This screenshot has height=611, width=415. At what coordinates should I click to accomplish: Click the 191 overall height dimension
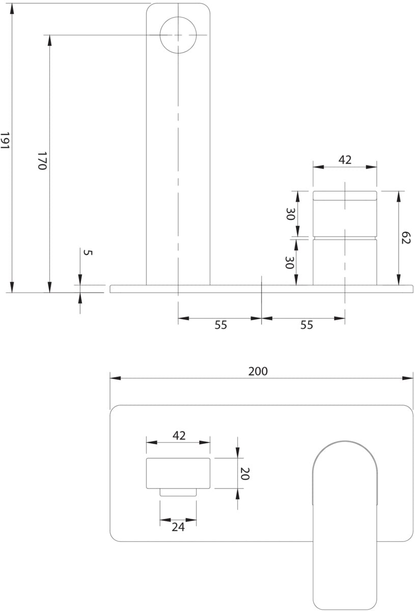point(5,140)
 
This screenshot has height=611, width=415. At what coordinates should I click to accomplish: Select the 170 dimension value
point(42,161)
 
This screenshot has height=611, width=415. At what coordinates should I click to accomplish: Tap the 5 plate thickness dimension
point(88,253)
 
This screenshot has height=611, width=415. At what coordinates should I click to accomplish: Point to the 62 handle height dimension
point(405,238)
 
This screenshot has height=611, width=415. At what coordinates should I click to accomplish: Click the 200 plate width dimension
point(258,371)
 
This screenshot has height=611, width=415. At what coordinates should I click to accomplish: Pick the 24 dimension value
point(178,527)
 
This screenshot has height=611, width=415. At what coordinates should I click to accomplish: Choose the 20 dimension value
point(245,474)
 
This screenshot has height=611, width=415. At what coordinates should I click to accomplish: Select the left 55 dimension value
point(220,325)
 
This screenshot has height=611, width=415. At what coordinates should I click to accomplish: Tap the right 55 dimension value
point(307,325)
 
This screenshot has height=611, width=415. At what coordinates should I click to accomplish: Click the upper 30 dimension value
point(290,214)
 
